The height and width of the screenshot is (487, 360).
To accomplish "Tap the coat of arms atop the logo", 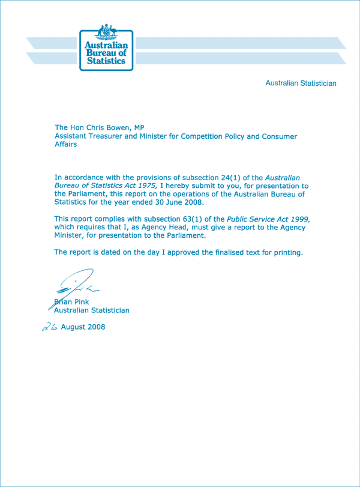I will click(107, 30).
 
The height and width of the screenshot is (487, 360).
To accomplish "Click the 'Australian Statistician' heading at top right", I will click(301, 83).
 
